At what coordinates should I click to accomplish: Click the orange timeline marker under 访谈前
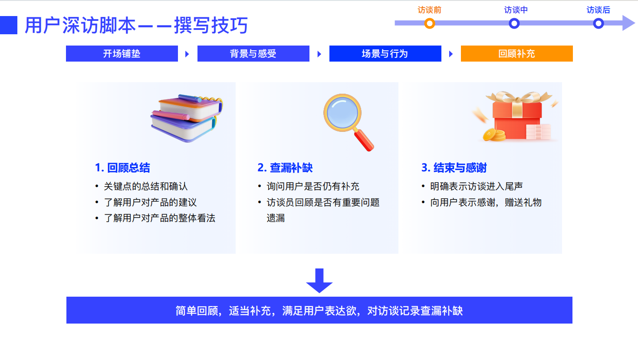point(430,23)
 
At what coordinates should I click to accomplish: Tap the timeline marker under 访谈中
point(514,23)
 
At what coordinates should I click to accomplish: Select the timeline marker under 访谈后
point(599,23)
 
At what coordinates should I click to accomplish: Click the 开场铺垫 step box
point(122,54)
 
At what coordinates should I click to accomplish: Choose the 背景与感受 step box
point(253,54)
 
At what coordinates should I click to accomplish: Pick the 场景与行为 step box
point(385,54)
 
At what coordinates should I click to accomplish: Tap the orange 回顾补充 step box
point(516,54)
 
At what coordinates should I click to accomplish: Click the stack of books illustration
point(186,118)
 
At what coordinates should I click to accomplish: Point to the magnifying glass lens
point(342,112)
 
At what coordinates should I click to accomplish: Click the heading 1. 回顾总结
point(122,168)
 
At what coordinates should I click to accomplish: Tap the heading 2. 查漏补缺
point(285,168)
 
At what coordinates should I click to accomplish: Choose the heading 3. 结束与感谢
point(454,168)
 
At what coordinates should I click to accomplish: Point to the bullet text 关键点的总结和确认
point(146,187)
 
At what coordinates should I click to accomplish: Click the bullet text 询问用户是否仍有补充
point(313,187)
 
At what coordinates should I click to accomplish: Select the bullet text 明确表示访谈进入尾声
point(477,187)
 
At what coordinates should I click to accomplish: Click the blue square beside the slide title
point(9,25)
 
